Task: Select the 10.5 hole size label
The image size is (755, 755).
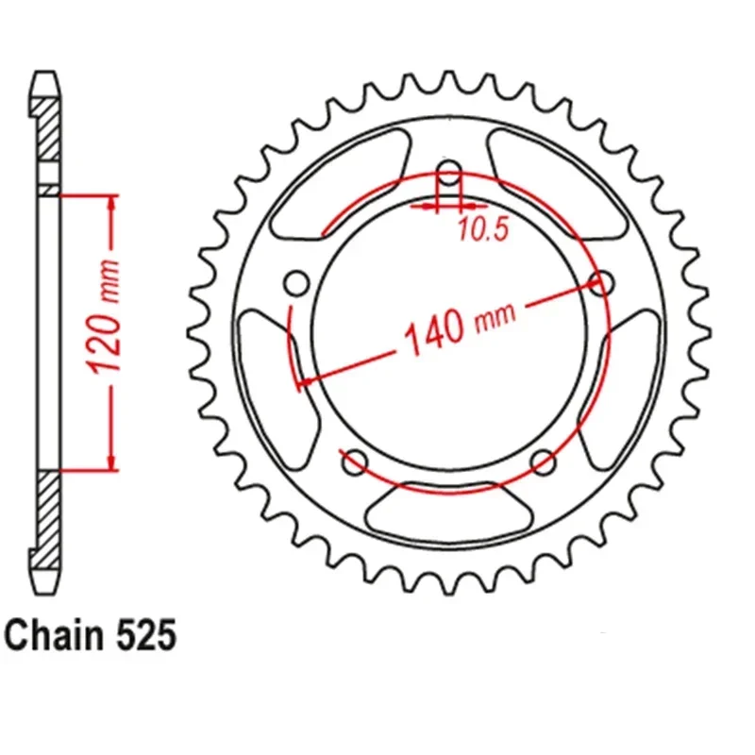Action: coord(483,228)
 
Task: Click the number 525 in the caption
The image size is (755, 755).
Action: coord(146,635)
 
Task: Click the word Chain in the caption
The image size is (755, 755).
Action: coord(54,635)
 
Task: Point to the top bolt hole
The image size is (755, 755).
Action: coord(450,174)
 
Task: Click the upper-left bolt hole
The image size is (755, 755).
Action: coord(296,283)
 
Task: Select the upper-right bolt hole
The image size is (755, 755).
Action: coord(602,283)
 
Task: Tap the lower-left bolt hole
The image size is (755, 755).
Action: coord(355,462)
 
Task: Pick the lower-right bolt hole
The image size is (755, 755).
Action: coord(544,462)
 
